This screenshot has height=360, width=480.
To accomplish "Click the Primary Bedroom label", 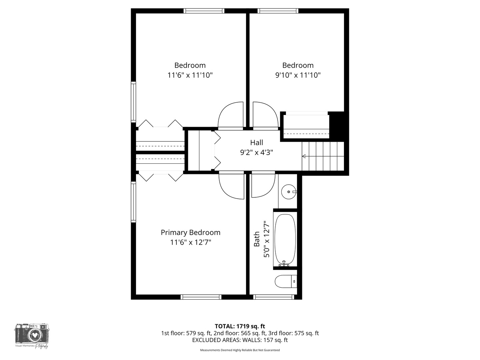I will [x=190, y=232].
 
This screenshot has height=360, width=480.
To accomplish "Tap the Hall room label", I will [x=256, y=143].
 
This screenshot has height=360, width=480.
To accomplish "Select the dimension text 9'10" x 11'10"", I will [x=298, y=75].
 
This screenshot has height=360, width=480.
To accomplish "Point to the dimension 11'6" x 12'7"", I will [x=190, y=242].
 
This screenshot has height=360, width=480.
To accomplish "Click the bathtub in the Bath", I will [x=285, y=239].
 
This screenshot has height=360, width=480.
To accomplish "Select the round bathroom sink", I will [x=288, y=192].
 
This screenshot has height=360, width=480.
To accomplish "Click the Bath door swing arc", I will [x=263, y=185].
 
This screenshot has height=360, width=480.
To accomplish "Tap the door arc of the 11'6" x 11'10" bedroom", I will [x=230, y=115].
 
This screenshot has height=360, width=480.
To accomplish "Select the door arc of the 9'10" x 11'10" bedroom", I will [x=265, y=115].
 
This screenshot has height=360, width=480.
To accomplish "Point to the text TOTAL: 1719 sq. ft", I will [x=240, y=326].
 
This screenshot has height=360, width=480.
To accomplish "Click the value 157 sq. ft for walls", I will [x=275, y=340].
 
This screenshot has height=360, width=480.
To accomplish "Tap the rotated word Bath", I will [x=257, y=239].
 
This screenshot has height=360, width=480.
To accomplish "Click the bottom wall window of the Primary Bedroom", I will [x=201, y=297].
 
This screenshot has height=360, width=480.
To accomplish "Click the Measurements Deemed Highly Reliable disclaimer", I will [x=240, y=350].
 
